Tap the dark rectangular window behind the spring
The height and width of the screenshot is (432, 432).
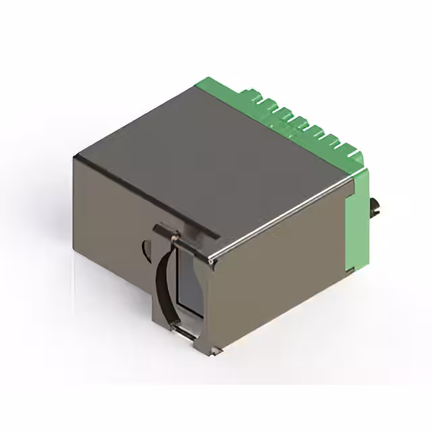(187, 283)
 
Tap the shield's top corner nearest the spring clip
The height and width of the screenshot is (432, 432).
(212, 260)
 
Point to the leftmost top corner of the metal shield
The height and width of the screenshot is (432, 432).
(75, 157)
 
